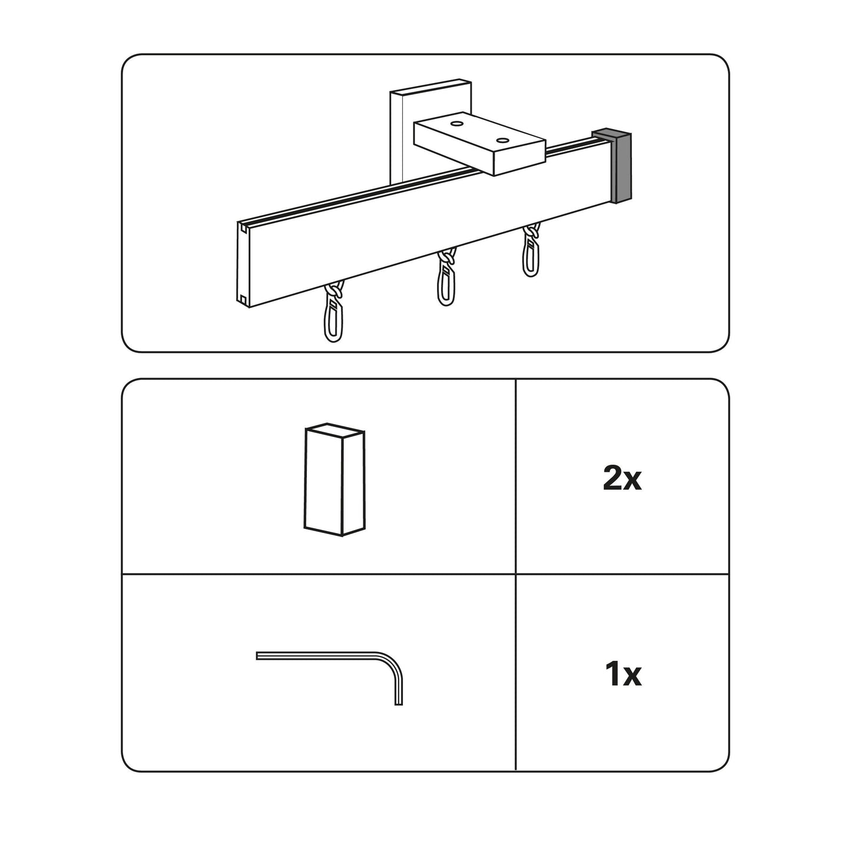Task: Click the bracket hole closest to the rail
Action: point(502,140)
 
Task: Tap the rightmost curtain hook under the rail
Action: point(531,250)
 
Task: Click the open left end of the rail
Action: point(243,264)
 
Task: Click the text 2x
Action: point(622,479)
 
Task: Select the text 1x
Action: point(623,687)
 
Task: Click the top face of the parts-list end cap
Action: point(335,429)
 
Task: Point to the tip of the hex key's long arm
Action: point(257,656)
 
